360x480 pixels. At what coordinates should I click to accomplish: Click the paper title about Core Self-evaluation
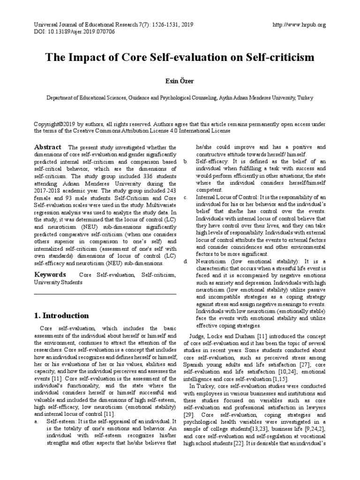[x=180, y=58]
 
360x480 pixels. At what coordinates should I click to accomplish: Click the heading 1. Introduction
[x=61, y=315]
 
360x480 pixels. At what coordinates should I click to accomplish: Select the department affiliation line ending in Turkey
[x=180, y=97]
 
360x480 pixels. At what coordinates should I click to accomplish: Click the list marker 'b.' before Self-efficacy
[x=185, y=161]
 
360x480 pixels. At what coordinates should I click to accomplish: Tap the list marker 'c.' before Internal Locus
[x=185, y=197]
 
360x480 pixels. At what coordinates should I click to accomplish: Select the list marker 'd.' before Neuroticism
[x=186, y=261]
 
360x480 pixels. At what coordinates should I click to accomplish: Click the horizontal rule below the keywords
[x=105, y=294]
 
